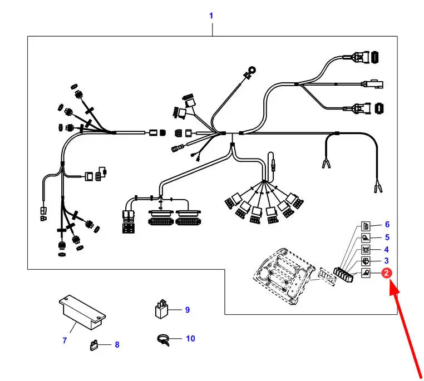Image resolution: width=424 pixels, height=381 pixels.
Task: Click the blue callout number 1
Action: (x=211, y=16)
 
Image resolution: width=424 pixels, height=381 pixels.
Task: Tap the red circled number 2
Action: (x=386, y=273)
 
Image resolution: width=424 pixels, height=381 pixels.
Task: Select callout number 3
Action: (x=386, y=261)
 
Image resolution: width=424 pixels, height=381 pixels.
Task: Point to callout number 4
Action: (x=386, y=249)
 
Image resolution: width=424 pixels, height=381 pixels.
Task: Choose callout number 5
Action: (x=387, y=237)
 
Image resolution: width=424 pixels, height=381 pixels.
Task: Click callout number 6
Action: (x=387, y=224)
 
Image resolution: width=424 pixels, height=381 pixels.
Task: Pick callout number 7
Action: (x=65, y=340)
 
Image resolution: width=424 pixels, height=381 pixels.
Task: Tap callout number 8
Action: (x=117, y=344)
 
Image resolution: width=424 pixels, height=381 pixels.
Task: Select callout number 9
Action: (x=188, y=310)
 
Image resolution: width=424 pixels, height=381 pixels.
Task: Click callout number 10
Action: (x=190, y=339)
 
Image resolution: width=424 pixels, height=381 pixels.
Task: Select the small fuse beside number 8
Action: (x=93, y=345)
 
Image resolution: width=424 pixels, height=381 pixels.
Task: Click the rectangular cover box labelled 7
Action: (x=82, y=313)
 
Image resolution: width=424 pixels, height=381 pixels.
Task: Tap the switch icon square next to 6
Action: (x=366, y=226)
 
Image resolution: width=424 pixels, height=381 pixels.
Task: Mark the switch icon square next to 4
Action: (x=366, y=250)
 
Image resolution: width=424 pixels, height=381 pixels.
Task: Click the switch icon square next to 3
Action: (x=366, y=261)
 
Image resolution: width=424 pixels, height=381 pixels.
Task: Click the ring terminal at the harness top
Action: (x=252, y=71)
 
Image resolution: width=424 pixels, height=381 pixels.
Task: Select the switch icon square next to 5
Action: (x=366, y=238)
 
